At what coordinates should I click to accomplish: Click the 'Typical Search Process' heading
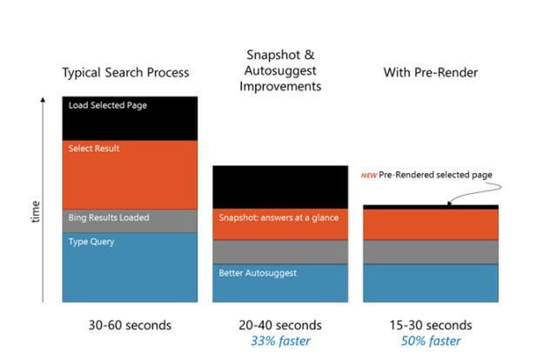pyautogui.click(x=125, y=73)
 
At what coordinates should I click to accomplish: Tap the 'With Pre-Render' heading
pyautogui.click(x=431, y=72)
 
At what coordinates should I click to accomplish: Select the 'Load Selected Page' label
pyautogui.click(x=108, y=105)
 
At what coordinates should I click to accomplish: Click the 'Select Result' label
pyautogui.click(x=94, y=149)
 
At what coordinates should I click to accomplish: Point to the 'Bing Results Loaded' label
pyautogui.click(x=109, y=217)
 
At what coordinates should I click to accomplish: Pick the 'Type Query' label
pyautogui.click(x=91, y=242)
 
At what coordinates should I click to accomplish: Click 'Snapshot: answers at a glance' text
pyautogui.click(x=278, y=217)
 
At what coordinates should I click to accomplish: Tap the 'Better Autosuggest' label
pyautogui.click(x=258, y=273)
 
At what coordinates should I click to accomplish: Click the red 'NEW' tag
pyautogui.click(x=369, y=176)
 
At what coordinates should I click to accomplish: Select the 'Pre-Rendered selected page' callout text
pyautogui.click(x=435, y=175)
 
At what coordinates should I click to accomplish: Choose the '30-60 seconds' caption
pyautogui.click(x=130, y=325)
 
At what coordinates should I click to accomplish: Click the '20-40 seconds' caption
pyautogui.click(x=280, y=325)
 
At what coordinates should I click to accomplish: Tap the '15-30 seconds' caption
pyautogui.click(x=431, y=325)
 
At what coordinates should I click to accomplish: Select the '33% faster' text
pyautogui.click(x=280, y=341)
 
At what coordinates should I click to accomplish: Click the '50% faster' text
pyautogui.click(x=431, y=341)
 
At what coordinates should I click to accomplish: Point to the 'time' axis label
pyautogui.click(x=36, y=211)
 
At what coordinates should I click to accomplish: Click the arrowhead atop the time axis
pyautogui.click(x=43, y=99)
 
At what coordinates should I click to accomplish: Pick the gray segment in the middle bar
pyautogui.click(x=280, y=252)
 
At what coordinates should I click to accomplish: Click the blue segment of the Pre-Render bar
pyautogui.click(x=431, y=283)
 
